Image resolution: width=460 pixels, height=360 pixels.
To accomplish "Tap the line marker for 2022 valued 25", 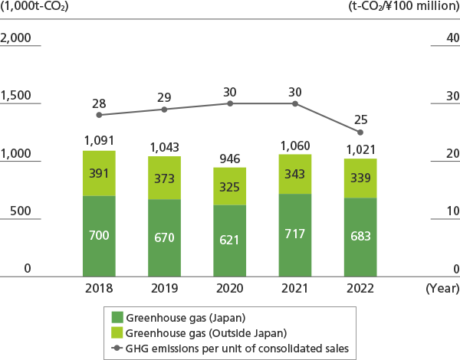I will (x=361, y=133).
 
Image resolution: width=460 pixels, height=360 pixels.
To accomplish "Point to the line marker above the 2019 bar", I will (x=165, y=110).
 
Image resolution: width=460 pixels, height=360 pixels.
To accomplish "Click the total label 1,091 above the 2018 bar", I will (x=99, y=141).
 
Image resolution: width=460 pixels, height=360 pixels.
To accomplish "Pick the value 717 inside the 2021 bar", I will (x=295, y=237).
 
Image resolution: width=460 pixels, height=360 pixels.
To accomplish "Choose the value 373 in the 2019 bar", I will (x=165, y=178).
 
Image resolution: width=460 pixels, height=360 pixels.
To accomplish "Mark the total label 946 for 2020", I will (x=230, y=159).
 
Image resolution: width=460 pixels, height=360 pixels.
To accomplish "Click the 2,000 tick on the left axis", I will (x=16, y=38).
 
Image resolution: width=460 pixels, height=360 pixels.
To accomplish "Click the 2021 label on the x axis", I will (x=295, y=289).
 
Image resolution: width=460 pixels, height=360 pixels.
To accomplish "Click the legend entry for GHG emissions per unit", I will (x=230, y=348).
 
